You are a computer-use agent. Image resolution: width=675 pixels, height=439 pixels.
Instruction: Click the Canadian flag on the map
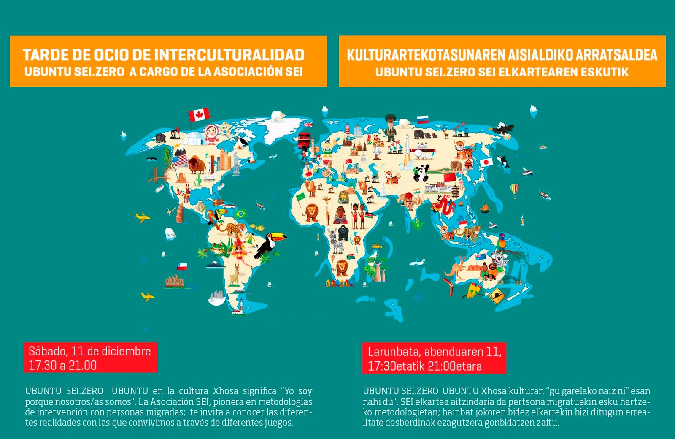(x=199, y=114)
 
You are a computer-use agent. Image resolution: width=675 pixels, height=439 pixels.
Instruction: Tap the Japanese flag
(x=486, y=162)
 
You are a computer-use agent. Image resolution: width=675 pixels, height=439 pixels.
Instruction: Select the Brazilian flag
(x=241, y=214)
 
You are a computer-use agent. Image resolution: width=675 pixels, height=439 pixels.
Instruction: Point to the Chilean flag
(x=182, y=266)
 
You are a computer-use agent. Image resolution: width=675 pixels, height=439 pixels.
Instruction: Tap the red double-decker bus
(x=304, y=140)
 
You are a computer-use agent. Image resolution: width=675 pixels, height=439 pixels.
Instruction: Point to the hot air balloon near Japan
(x=514, y=190)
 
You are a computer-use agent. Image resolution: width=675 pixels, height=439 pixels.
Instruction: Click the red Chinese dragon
(x=443, y=205)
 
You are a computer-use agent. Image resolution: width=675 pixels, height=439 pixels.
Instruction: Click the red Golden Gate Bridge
(x=156, y=175)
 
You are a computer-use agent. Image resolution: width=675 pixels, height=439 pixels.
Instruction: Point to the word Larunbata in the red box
(x=394, y=352)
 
